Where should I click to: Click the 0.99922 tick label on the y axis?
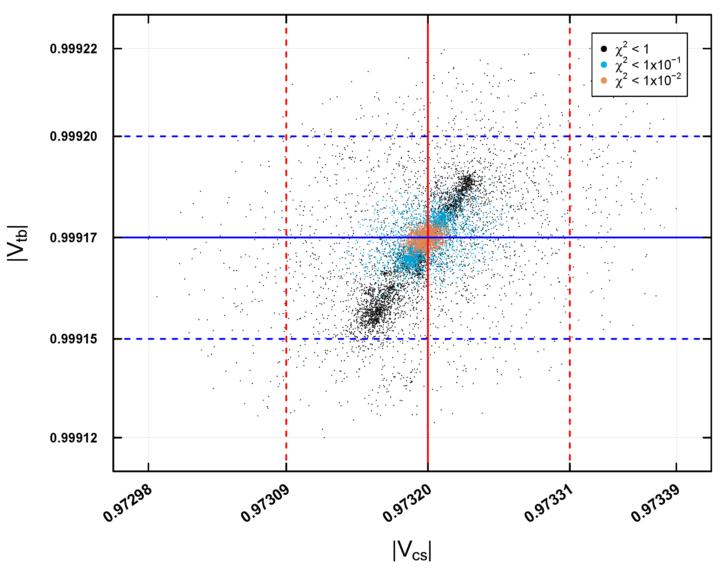(73, 49)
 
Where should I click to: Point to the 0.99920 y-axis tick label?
(73, 136)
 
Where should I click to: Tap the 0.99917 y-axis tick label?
(73, 238)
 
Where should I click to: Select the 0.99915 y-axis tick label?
(73, 339)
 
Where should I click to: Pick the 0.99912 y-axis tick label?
(73, 438)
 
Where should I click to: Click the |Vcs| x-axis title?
(412, 550)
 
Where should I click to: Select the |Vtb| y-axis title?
(17, 243)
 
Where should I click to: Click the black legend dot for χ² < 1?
(604, 49)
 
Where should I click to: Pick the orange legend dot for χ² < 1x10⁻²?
(604, 81)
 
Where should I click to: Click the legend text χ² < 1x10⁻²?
(648, 81)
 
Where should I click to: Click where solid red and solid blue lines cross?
(428, 237)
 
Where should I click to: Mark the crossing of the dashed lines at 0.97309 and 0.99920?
(286, 136)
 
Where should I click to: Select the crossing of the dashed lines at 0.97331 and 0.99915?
(570, 339)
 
